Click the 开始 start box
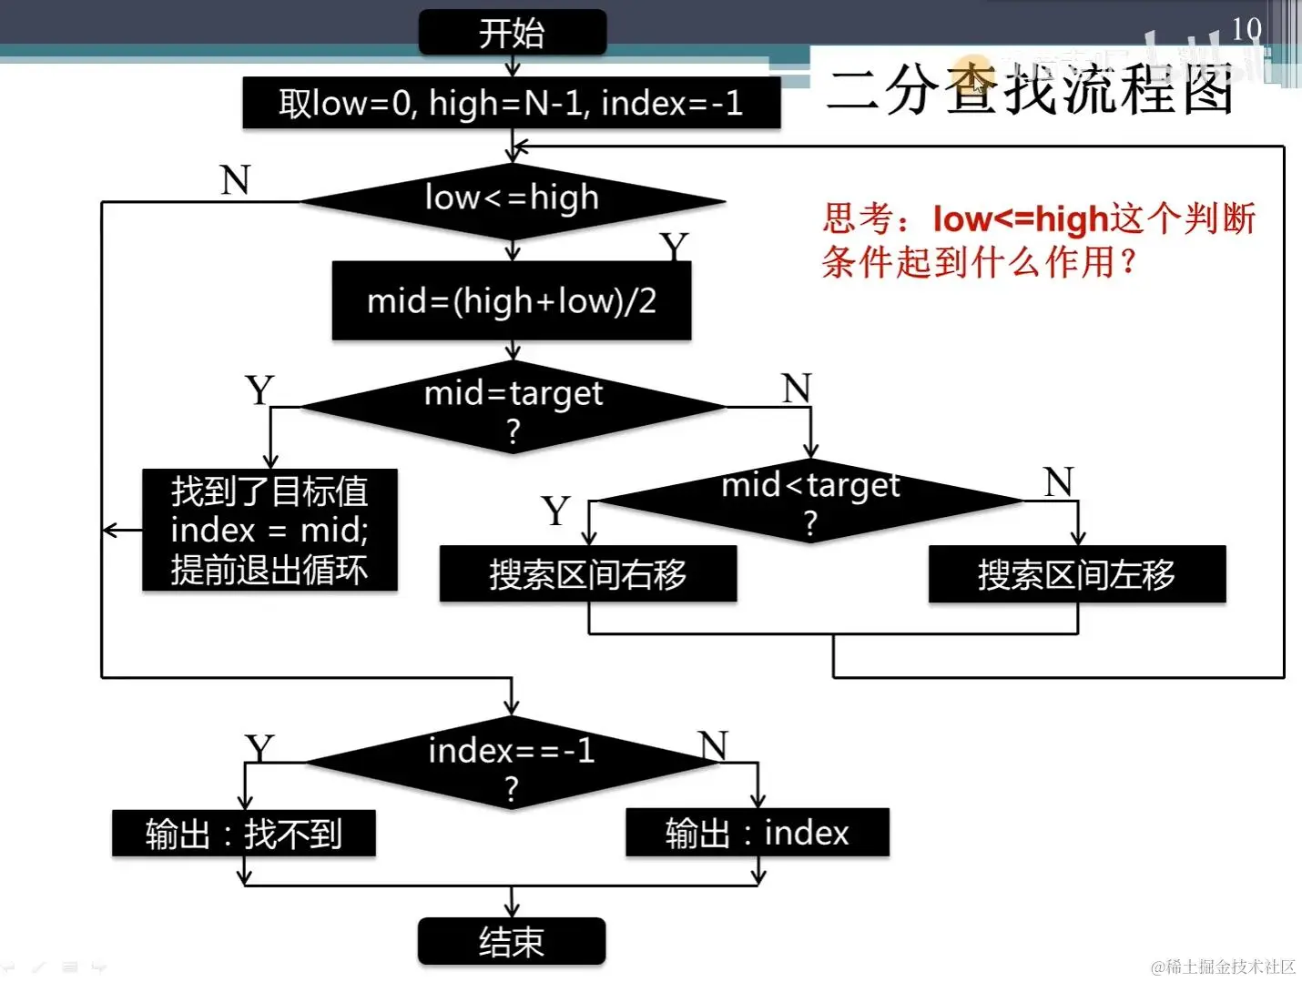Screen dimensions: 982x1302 coord(512,33)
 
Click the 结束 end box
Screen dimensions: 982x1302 coord(512,941)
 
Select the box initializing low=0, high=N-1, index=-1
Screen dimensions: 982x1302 coord(511,103)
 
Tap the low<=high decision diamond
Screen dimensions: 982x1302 coord(512,200)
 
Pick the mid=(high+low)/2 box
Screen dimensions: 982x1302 coord(511,300)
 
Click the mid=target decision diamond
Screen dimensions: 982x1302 coord(513,407)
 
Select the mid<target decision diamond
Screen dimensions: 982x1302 coord(809,501)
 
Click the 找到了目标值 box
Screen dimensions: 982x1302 coord(270,530)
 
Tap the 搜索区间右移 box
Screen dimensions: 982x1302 coord(587,573)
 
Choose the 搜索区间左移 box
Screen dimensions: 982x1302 coord(1076,573)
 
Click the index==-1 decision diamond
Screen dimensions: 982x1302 coord(512,763)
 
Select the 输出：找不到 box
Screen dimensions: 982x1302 coord(243,833)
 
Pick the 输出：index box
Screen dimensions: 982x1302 coord(757,832)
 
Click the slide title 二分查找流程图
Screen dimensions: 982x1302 coord(1030,90)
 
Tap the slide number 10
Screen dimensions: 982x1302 coord(1246,29)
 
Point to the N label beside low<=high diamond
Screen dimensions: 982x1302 coord(235,180)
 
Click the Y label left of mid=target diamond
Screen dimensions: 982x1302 coord(259,390)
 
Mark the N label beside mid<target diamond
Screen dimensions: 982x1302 coord(1058,481)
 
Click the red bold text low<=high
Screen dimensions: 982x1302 coord(1020,219)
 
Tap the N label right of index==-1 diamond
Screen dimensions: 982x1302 coord(714,745)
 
